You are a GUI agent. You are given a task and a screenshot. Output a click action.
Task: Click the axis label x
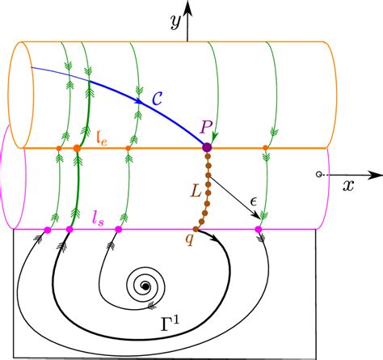coord(348,186)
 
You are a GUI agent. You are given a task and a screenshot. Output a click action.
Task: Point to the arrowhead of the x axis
coord(376,175)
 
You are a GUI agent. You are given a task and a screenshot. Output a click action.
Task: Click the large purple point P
coord(207,147)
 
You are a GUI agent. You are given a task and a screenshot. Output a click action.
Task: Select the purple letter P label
coord(206,127)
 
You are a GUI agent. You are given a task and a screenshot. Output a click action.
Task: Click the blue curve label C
coord(158,99)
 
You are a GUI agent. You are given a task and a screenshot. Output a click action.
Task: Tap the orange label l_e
coord(102,138)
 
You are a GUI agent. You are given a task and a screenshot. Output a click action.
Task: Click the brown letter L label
coord(196,192)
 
